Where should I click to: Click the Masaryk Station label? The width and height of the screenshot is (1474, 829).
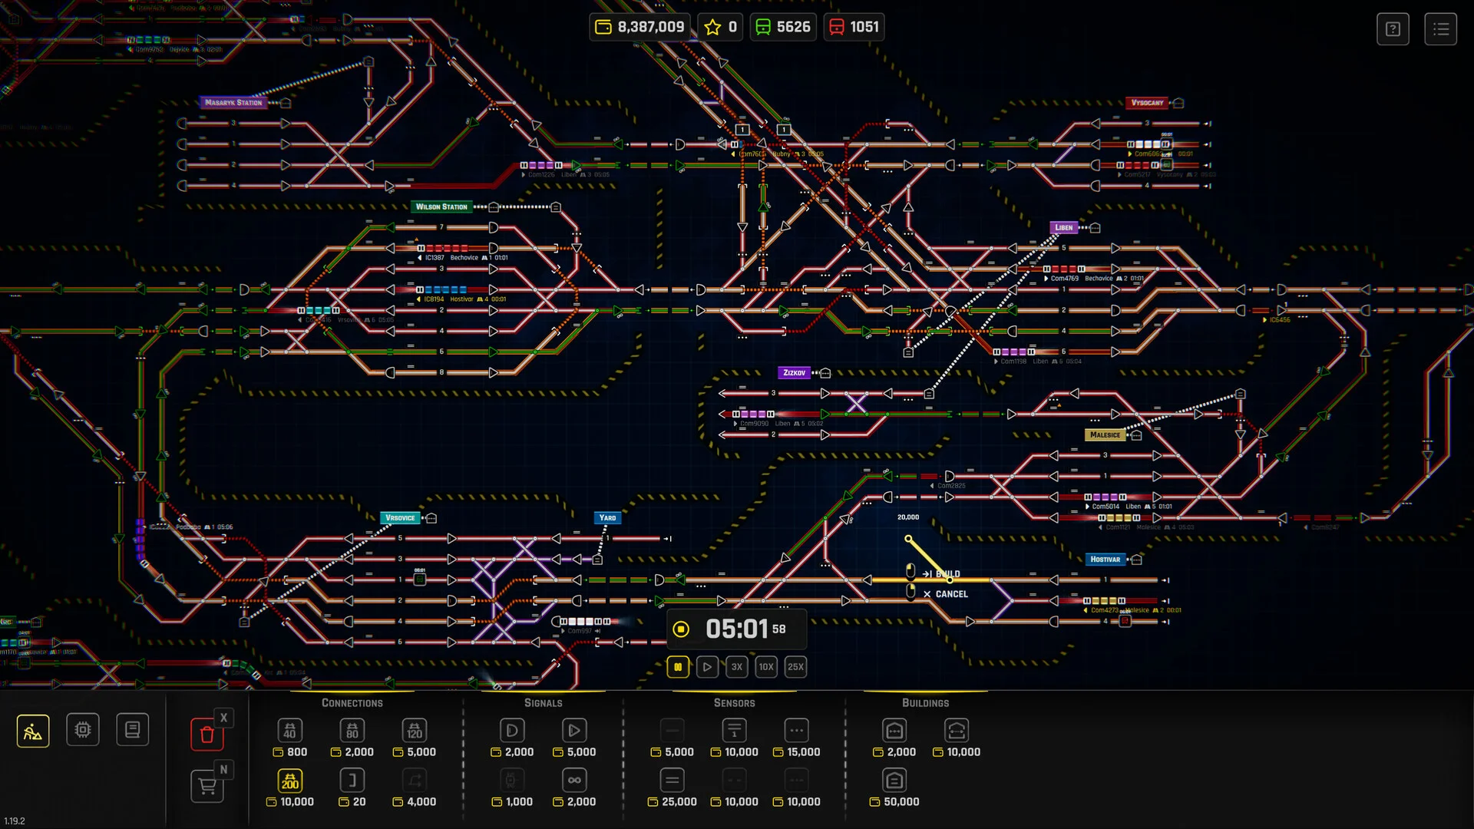233,102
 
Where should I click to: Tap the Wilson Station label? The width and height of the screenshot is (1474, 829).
441,206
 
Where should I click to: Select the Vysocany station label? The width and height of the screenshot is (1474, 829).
1147,102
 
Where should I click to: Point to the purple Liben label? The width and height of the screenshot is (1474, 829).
1064,227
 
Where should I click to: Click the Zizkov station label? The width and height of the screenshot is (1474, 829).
794,372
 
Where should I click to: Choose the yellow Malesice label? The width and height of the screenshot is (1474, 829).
1105,434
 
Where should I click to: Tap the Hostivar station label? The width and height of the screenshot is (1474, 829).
1105,559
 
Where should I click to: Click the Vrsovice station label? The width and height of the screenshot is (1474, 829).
400,517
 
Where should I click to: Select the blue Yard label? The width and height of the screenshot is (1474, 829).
607,517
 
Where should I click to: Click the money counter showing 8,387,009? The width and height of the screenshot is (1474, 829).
640,27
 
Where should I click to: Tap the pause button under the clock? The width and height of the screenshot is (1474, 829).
678,666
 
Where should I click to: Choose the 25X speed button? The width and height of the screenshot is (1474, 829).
795,666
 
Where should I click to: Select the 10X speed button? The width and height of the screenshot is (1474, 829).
766,666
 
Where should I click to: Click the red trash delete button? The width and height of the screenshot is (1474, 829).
207,734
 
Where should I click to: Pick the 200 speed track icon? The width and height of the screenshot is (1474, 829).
290,781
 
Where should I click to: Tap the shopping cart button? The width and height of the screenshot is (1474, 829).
207,786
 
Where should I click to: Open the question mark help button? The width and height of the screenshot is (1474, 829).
1393,29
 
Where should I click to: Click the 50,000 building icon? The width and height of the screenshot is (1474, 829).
894,781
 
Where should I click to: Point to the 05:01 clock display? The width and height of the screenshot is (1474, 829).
737,629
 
